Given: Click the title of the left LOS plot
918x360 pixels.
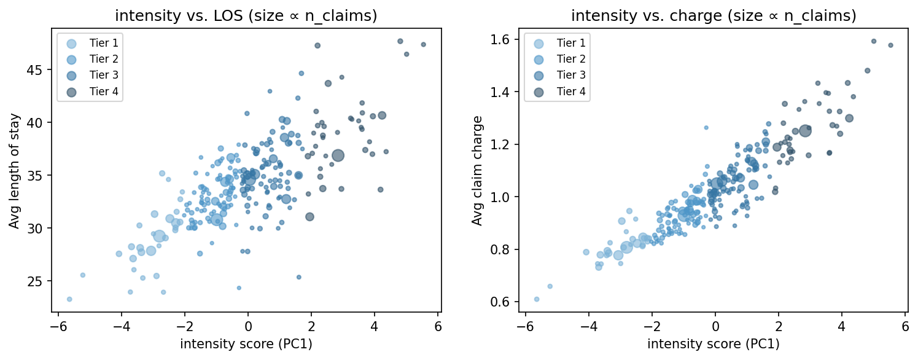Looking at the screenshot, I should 246,16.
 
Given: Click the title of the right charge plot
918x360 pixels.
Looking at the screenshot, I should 714,16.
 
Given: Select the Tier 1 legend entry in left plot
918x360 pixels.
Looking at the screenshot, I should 92,43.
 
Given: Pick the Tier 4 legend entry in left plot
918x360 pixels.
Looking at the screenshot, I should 92,92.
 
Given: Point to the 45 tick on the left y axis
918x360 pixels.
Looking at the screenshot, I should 38,70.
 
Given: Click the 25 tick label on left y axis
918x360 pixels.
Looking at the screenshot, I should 38,281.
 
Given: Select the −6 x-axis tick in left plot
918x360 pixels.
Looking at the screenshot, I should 58,324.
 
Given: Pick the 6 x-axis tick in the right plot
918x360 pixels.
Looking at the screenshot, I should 905,324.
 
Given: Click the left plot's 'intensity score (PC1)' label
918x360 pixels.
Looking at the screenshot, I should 246,344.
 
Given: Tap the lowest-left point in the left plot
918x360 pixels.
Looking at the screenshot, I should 69,299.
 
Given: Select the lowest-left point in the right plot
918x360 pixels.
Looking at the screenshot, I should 537,299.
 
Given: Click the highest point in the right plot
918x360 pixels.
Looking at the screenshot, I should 873,41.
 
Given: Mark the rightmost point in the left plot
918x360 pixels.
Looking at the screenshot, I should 423,44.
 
